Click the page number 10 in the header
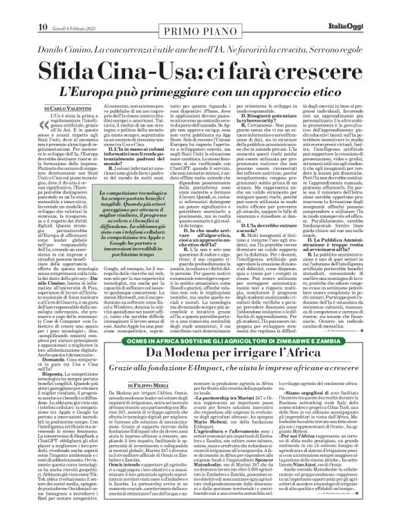(13, 8)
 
